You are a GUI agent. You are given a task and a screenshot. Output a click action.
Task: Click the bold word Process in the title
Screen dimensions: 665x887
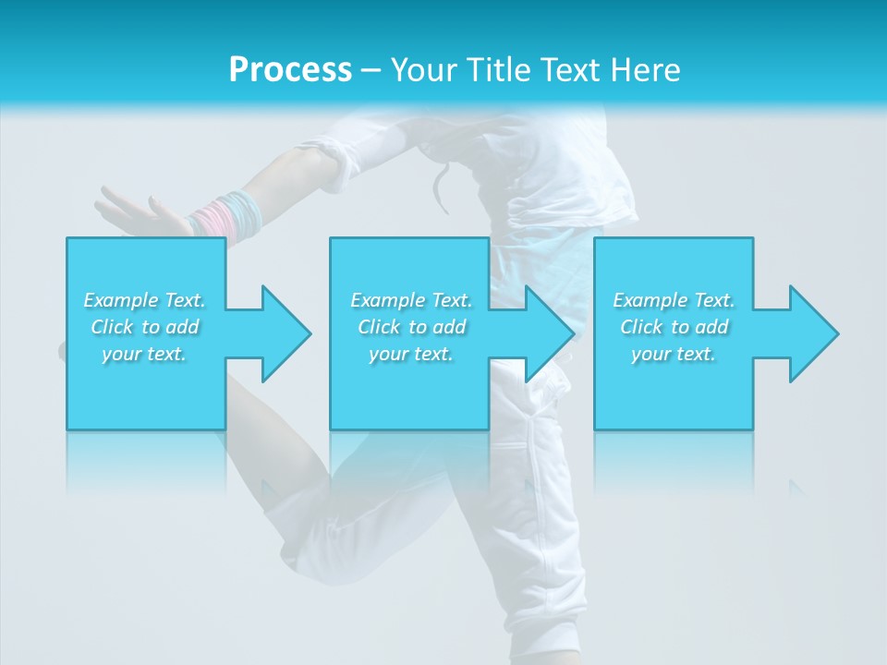point(290,70)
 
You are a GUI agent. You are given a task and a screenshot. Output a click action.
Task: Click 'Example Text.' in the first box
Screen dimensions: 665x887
point(144,300)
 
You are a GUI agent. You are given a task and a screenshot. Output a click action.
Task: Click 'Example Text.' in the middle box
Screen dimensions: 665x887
point(411,300)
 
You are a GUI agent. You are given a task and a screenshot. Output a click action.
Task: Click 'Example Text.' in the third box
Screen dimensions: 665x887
point(674,300)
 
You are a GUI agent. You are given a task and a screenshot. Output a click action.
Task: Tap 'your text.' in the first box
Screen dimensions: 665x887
point(144,354)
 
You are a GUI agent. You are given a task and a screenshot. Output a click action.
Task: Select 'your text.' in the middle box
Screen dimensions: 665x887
point(411,354)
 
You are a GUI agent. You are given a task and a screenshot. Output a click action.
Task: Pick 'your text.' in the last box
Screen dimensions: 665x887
point(674,354)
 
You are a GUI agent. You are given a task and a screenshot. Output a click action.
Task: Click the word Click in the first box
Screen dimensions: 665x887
point(112,327)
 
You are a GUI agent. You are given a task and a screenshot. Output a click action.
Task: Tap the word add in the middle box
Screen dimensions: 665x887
point(449,327)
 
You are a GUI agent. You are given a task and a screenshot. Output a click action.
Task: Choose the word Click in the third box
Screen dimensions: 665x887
point(641,327)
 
